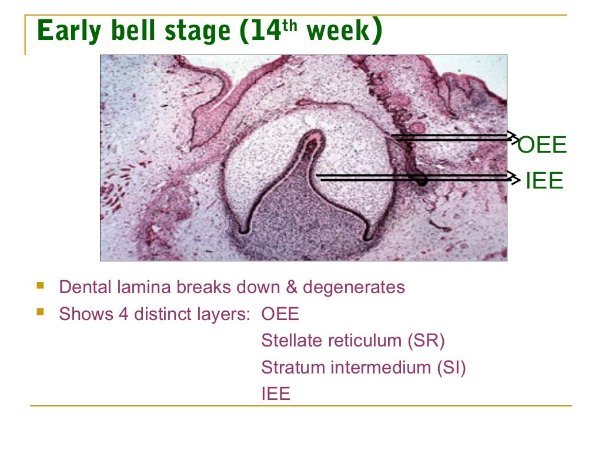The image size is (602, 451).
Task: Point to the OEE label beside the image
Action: (x=542, y=145)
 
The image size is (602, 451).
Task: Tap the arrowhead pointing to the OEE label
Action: (x=514, y=137)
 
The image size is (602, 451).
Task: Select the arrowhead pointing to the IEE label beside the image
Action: (x=515, y=176)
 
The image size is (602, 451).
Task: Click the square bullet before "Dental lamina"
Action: (x=40, y=287)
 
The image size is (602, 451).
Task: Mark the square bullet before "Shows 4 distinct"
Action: (x=40, y=313)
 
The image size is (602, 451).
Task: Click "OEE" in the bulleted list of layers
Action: (x=280, y=314)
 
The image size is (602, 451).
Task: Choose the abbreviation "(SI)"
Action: (x=451, y=368)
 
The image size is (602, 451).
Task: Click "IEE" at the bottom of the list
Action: (x=276, y=394)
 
